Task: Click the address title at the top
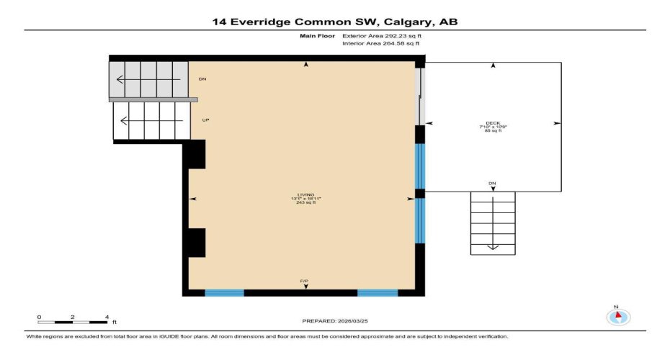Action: click(334, 22)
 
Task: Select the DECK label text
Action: click(493, 122)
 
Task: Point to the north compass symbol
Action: click(617, 316)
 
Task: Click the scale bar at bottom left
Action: click(73, 322)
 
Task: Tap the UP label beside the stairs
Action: click(205, 120)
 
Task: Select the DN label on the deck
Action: click(492, 184)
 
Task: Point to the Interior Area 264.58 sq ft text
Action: click(380, 44)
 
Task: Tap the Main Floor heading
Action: click(314, 35)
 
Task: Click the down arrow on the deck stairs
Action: click(493, 245)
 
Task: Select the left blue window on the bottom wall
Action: click(224, 293)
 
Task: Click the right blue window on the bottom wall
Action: click(378, 293)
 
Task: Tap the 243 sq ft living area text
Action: click(306, 203)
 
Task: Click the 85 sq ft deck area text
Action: click(493, 131)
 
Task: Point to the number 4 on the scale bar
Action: click(107, 317)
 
